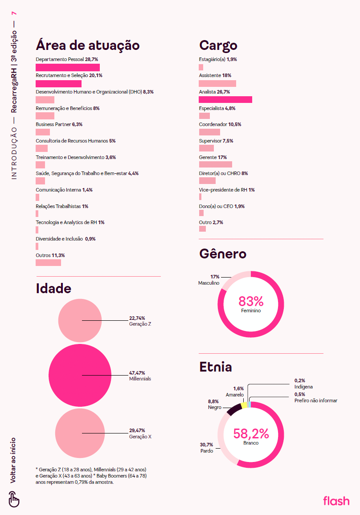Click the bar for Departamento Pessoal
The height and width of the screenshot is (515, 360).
[67, 67]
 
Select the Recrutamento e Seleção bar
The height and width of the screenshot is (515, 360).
[58, 84]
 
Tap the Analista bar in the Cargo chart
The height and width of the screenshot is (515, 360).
[225, 100]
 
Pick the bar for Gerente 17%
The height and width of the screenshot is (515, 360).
[215, 164]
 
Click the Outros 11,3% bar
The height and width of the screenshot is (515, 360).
[48, 262]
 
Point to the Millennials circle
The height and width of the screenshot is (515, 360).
[80, 376]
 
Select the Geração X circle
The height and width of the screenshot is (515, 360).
[80, 433]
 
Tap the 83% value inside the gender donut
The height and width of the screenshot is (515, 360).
[251, 302]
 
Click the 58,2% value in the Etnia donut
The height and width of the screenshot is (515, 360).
[251, 433]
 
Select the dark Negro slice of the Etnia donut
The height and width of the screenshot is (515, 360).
[233, 410]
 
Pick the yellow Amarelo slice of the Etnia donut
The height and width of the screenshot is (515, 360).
[244, 405]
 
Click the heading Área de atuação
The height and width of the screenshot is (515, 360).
[88, 45]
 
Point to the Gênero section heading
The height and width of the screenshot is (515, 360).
[222, 254]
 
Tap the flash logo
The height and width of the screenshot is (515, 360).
[336, 501]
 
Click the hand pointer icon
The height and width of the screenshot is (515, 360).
[14, 499]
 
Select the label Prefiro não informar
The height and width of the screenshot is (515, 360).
[315, 401]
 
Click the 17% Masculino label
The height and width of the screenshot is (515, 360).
[209, 280]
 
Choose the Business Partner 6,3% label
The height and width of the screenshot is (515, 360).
[59, 124]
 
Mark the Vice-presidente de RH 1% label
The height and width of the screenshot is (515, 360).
[226, 190]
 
